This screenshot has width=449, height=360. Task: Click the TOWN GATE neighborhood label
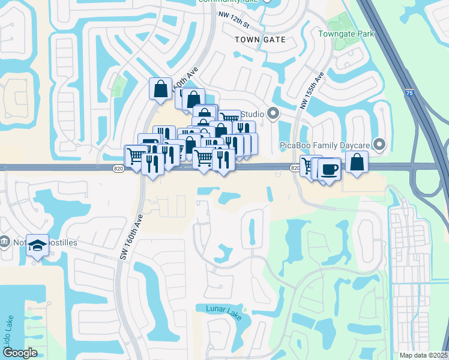pyautogui.click(x=259, y=39)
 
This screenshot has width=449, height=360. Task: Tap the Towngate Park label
pyautogui.click(x=346, y=34)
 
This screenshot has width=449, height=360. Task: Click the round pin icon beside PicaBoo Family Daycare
pyautogui.click(x=379, y=144)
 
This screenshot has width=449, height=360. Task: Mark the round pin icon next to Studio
pyautogui.click(x=273, y=113)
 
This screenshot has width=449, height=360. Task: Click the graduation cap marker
pyautogui.click(x=37, y=245)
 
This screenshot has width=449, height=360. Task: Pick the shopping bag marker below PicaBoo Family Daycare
pyautogui.click(x=357, y=161)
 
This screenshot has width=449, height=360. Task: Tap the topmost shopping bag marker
pyautogui.click(x=161, y=89)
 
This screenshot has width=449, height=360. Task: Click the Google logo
pyautogui.click(x=20, y=353)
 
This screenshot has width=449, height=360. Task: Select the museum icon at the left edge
pyautogui.click(x=5, y=242)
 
